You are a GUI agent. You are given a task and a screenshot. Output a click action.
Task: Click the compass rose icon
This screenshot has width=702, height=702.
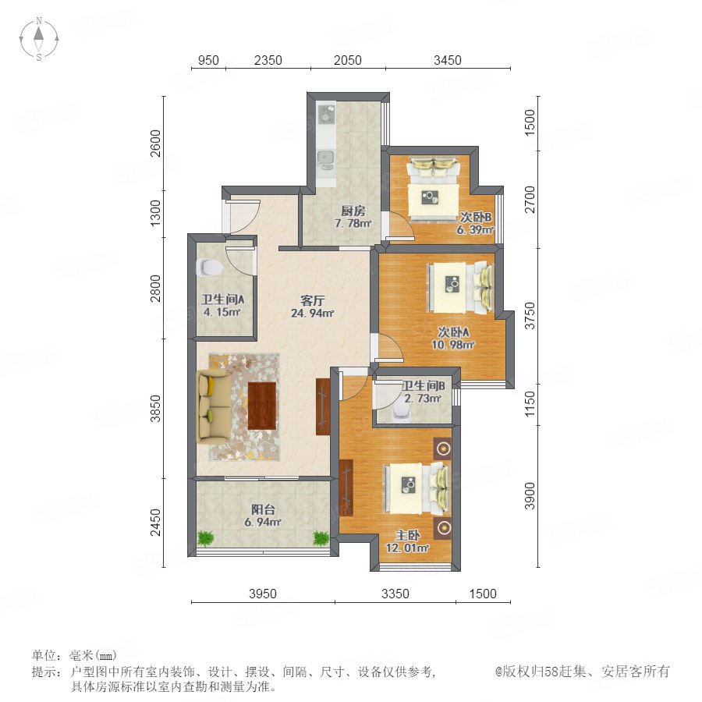39,39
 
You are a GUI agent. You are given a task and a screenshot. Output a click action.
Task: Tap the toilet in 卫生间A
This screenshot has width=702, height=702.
210,268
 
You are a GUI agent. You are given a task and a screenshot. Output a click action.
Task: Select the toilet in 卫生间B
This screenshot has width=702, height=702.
401,413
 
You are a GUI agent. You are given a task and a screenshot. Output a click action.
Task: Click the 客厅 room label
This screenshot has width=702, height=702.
312,300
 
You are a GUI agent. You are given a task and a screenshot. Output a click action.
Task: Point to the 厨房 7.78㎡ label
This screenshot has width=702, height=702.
353,217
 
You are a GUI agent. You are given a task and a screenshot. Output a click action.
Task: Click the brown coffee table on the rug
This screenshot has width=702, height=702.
262,406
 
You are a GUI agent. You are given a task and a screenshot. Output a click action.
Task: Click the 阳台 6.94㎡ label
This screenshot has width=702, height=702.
263,516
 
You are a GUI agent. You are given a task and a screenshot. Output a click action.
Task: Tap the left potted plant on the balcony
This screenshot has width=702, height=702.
205,537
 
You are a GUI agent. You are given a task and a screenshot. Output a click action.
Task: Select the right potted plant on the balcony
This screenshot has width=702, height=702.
321,537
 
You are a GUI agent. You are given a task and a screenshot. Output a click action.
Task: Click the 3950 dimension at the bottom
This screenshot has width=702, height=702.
263,594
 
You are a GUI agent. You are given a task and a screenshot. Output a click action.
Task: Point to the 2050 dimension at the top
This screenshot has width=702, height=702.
347,60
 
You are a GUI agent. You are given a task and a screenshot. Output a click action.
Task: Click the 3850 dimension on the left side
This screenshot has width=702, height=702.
155,408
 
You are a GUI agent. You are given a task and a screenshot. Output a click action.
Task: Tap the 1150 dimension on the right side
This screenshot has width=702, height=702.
530,404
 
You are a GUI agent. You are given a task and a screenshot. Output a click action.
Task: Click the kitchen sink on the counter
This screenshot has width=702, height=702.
325,158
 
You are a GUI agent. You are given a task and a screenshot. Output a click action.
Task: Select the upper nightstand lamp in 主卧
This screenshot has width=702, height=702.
443,448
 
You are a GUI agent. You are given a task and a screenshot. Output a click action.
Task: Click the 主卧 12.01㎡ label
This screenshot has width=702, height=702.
407,541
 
